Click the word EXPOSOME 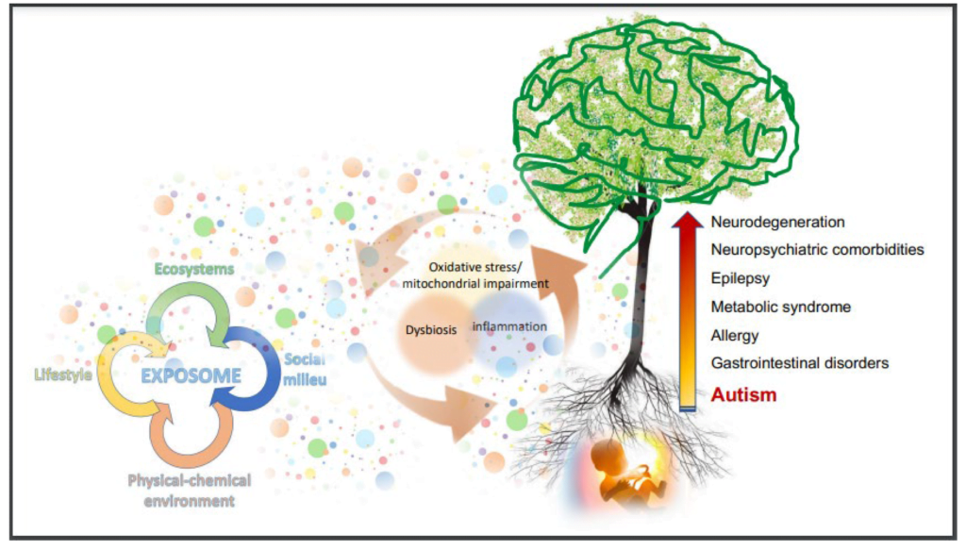pos(191,375)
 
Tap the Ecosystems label pos(194,269)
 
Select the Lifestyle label pos(63,375)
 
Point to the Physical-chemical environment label pos(189,491)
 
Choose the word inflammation pos(509,326)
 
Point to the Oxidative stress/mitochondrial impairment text pos(475,275)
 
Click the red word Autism pos(743,394)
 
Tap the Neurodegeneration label pos(777,222)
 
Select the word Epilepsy pos(740,278)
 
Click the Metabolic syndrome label pos(780,307)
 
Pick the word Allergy pos(734,336)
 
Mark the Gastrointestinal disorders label pos(800,363)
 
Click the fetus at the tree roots pos(623,469)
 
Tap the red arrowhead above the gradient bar pos(687,221)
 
